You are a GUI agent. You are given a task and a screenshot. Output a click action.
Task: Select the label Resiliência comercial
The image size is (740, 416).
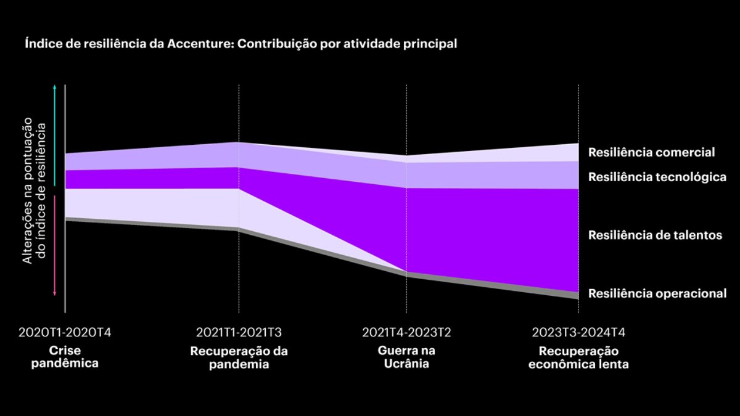click(651, 152)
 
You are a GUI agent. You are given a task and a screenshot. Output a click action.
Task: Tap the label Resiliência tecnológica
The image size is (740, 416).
click(657, 177)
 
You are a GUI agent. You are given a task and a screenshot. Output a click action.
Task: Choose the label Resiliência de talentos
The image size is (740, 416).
click(655, 235)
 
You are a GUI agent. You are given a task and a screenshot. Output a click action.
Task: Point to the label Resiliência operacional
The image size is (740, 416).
click(657, 293)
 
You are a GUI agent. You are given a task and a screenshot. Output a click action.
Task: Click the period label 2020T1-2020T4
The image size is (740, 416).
click(65, 333)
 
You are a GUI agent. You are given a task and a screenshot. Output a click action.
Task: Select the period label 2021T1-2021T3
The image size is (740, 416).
click(239, 333)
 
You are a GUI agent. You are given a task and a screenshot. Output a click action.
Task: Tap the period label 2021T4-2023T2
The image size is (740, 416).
click(406, 333)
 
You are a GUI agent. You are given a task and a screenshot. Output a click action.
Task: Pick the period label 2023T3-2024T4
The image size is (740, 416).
click(578, 333)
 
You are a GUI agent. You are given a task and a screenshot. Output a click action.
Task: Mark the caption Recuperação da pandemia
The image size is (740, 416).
click(239, 357)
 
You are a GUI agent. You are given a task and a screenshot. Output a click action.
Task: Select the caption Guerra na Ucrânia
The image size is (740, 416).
click(406, 357)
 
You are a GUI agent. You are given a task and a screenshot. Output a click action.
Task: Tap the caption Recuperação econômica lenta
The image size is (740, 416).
click(578, 357)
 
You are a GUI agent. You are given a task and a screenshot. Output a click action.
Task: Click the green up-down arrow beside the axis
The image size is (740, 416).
click(55, 136)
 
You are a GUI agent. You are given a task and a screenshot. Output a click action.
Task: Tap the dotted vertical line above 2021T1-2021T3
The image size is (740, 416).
click(239, 111)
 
